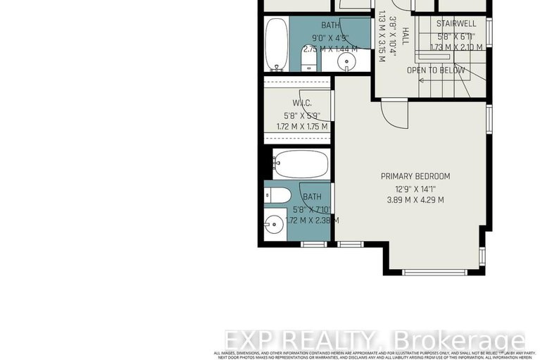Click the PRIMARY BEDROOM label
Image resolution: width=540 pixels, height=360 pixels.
coord(415,176)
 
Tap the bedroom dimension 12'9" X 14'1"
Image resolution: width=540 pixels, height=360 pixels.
coord(415,188)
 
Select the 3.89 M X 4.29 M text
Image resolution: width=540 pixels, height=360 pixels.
coord(415,200)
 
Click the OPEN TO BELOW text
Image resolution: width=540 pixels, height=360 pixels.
coord(436,70)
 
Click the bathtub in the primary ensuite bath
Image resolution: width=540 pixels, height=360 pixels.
coord(301,163)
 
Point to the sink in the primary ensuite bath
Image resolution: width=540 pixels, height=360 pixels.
coord(275,225)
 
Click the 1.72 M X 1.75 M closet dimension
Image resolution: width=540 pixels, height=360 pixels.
coord(293,127)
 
